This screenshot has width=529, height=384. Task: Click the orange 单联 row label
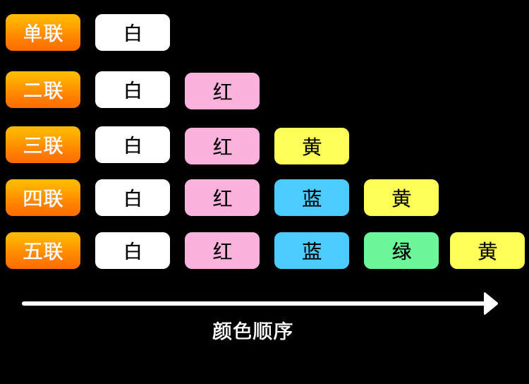tap(43, 32)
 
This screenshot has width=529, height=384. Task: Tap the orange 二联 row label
tap(43, 90)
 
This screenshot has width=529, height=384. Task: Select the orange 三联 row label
tap(43, 145)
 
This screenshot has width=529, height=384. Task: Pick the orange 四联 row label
tap(43, 198)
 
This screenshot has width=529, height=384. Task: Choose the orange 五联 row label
tap(43, 251)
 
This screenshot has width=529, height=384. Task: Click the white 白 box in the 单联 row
tap(133, 32)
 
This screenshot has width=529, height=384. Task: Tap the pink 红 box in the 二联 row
tap(222, 91)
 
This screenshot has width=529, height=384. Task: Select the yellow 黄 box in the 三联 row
tap(312, 146)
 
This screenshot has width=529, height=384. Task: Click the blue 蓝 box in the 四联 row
tap(312, 198)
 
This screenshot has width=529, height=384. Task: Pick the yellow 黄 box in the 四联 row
tap(401, 198)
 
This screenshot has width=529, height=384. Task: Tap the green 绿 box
tap(401, 251)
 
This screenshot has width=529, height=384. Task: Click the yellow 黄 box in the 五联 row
tap(487, 251)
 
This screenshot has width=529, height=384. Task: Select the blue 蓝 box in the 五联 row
tap(312, 251)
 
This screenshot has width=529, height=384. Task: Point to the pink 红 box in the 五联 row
tap(222, 251)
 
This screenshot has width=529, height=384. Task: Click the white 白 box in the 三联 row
tap(133, 145)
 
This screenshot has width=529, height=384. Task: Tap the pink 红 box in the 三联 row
tap(222, 146)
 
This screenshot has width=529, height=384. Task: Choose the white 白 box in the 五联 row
tap(133, 251)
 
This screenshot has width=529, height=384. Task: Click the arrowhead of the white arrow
tap(491, 304)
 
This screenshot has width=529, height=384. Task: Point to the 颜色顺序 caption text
tap(253, 331)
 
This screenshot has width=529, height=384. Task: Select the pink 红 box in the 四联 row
tap(222, 198)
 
